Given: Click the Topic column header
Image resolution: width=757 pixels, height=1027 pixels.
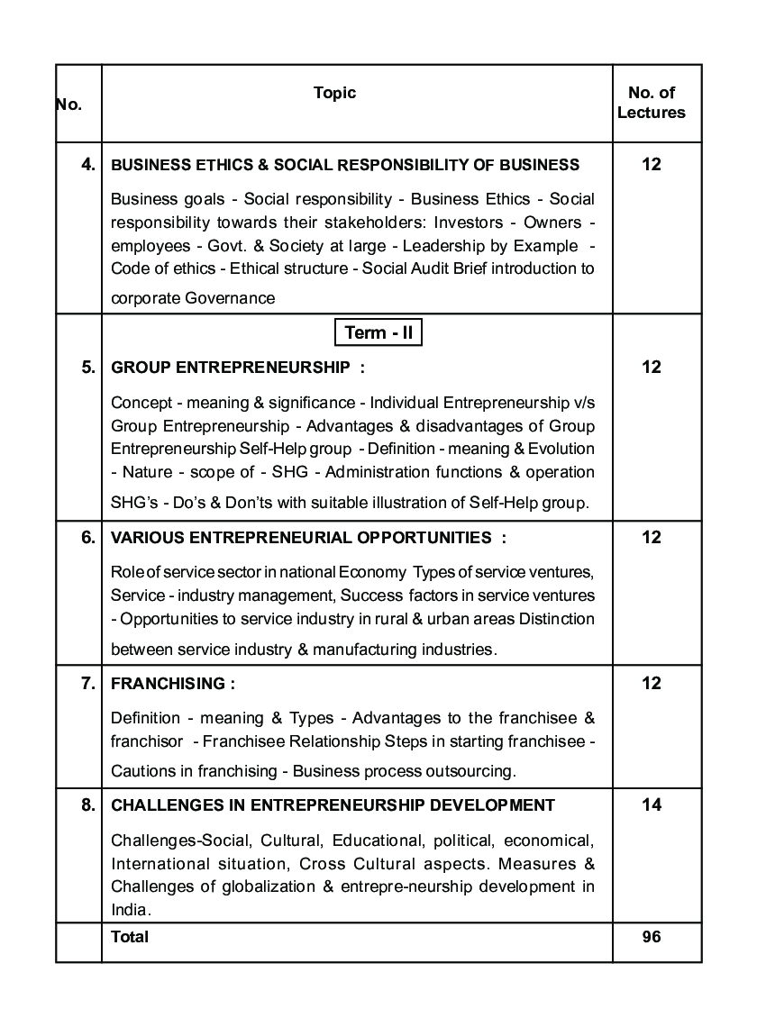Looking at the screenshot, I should coord(334,93).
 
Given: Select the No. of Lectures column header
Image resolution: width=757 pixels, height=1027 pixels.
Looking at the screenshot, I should coord(651,103).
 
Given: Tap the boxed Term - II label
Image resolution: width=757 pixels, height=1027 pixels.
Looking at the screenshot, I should coord(378,332).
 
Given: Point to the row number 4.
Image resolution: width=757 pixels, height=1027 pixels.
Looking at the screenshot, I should coord(87,164).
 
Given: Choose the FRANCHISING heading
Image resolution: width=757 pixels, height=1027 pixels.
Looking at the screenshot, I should coord(172,684).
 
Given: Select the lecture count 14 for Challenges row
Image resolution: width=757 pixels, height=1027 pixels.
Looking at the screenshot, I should coord(651,804).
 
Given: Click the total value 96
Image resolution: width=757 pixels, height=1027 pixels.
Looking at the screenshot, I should coord(651,937).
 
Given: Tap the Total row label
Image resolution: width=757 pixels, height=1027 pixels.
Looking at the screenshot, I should coord(130,937).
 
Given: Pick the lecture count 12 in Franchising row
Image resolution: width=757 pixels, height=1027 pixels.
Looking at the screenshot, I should coord(651,684).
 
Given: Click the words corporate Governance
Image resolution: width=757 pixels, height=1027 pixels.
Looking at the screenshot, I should coord(193,298).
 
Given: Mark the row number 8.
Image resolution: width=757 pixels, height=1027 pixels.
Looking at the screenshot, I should coord(87,804).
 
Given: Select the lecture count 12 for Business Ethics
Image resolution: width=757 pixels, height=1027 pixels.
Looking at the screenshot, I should coord(651,164).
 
